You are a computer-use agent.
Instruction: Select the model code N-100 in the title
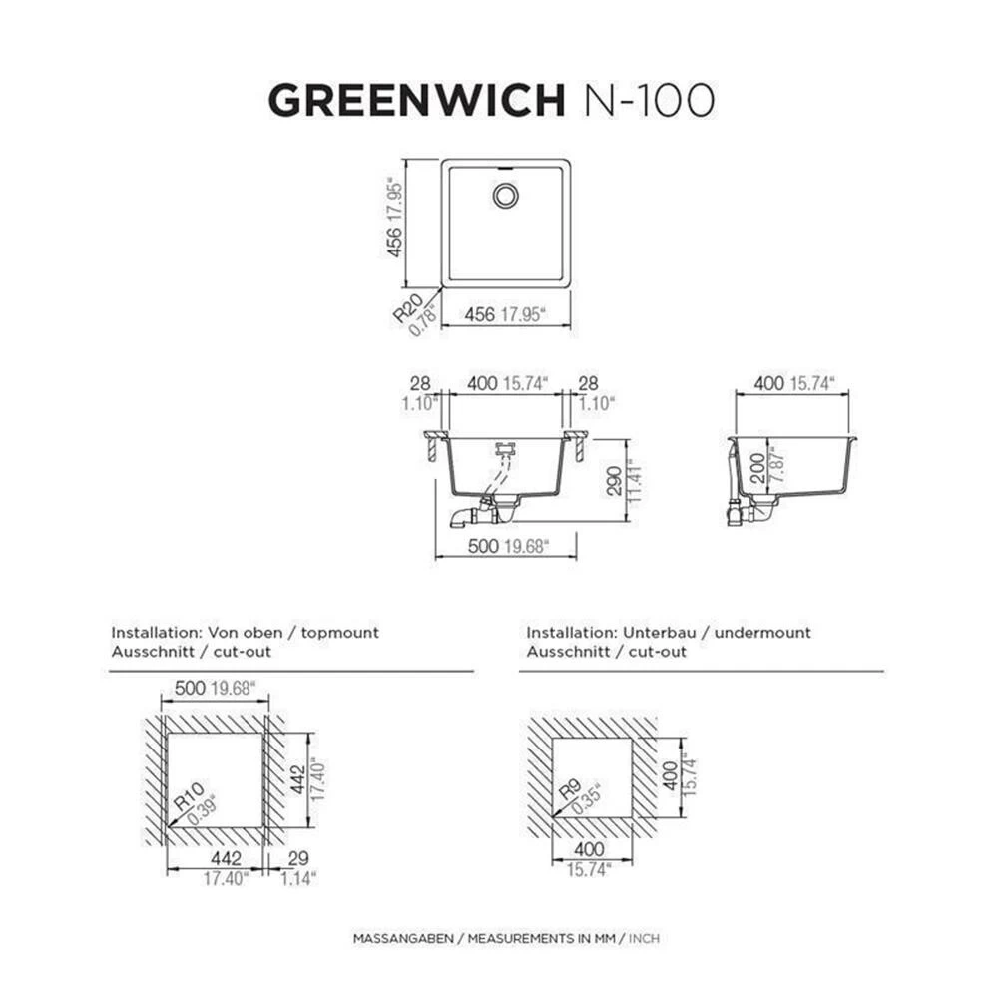[647, 100]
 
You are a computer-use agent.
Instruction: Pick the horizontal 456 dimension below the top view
[480, 314]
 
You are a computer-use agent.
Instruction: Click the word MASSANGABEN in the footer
[403, 939]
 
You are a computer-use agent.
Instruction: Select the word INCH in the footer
[644, 939]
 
